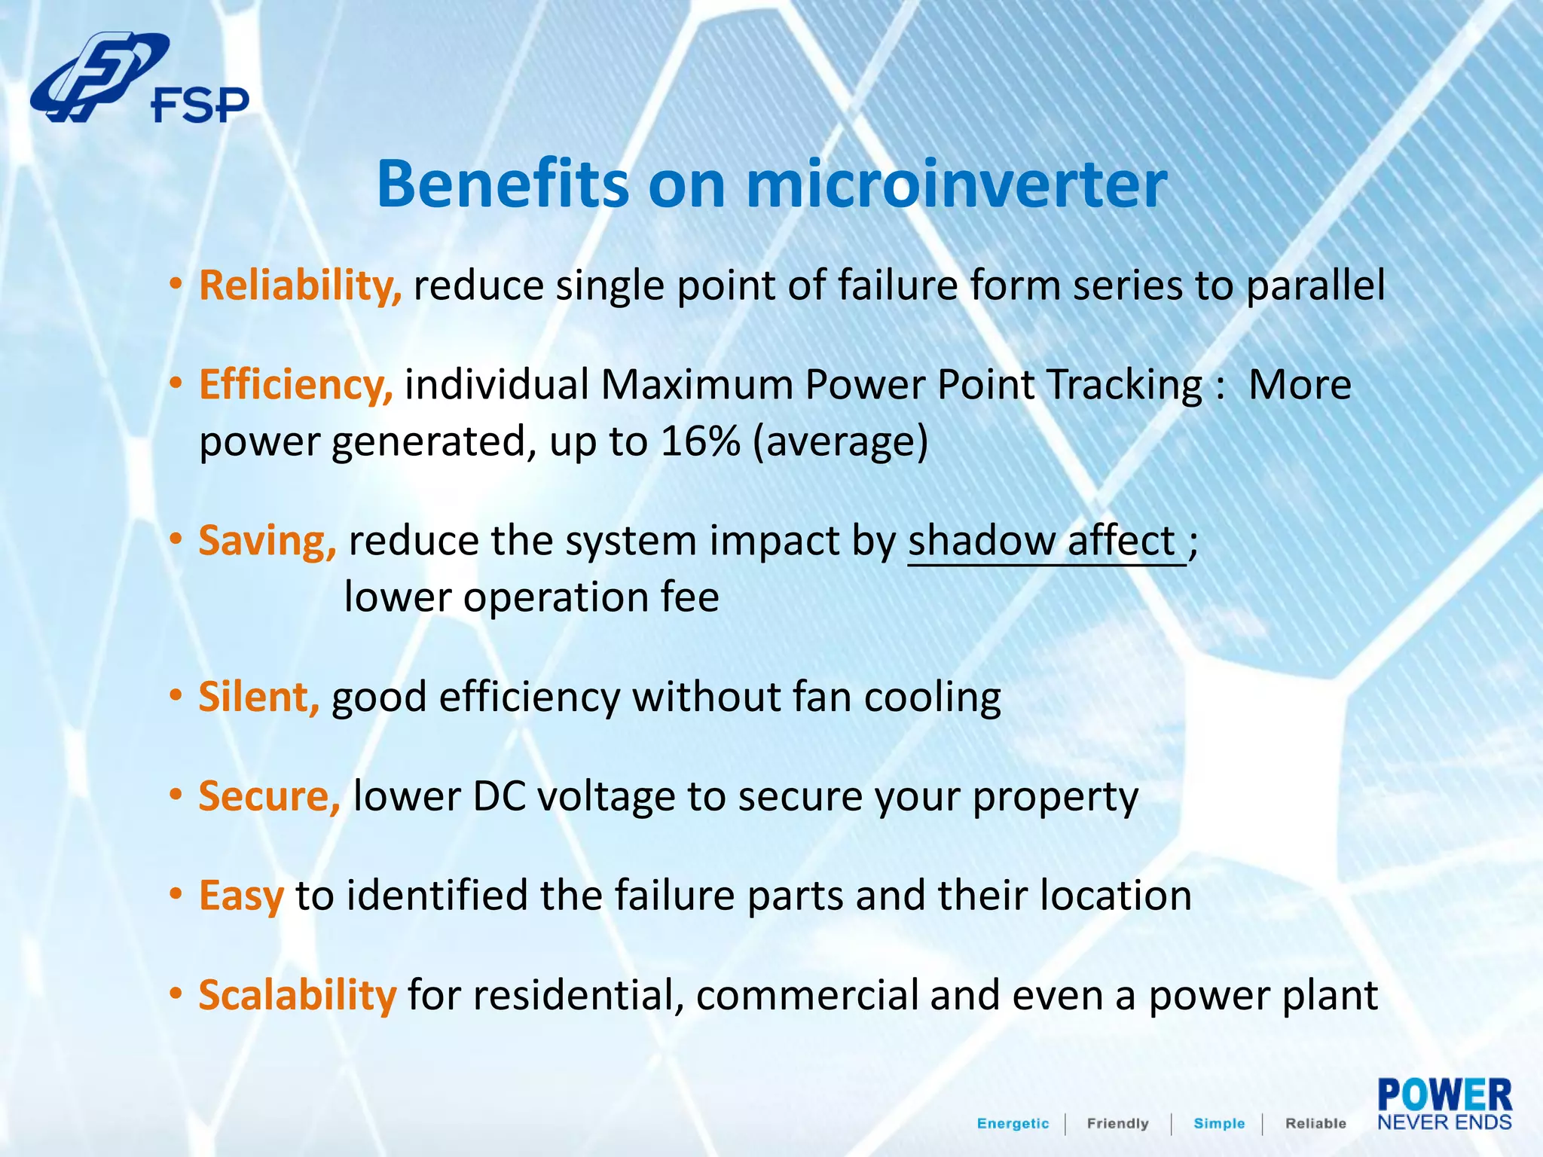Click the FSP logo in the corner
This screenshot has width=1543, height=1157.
pos(139,79)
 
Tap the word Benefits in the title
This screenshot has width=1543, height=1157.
pos(503,185)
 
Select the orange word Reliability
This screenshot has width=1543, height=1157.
pos(300,286)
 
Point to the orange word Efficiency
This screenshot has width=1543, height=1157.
pos(295,386)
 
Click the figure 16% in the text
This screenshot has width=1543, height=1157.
pos(701,441)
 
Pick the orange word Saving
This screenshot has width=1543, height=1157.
pos(267,542)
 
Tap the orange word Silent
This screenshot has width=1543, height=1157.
pos(258,698)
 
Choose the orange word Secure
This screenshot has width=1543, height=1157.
pos(269,797)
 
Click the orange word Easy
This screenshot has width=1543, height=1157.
pos(241,896)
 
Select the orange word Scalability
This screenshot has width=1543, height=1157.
pos(297,996)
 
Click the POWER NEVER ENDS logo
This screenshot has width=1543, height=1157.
pos(1444,1105)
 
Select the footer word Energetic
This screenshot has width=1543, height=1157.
pos(1013,1124)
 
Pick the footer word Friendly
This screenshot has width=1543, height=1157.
pos(1117,1124)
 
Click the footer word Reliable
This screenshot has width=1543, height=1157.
pos(1315,1124)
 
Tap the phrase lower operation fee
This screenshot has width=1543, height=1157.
pos(531,598)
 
